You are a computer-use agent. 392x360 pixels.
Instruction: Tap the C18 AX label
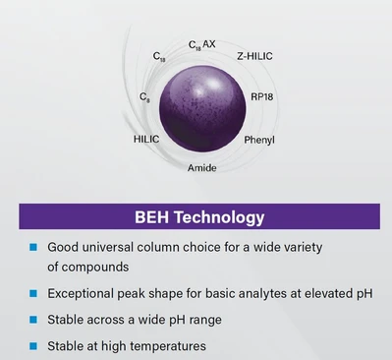click(x=201, y=45)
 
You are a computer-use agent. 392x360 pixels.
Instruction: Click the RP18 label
click(x=263, y=96)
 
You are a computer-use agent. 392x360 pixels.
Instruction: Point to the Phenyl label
click(x=259, y=140)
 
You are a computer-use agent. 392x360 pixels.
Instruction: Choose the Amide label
click(x=202, y=168)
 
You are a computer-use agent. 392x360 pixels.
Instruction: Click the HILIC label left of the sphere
click(x=145, y=140)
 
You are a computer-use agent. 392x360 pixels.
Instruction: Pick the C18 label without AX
click(x=159, y=59)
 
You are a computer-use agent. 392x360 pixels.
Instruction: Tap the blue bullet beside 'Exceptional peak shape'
click(x=32, y=293)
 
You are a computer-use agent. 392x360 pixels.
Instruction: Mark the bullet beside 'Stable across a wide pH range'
click(x=32, y=320)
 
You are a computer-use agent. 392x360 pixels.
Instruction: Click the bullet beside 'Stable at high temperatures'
click(x=32, y=346)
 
